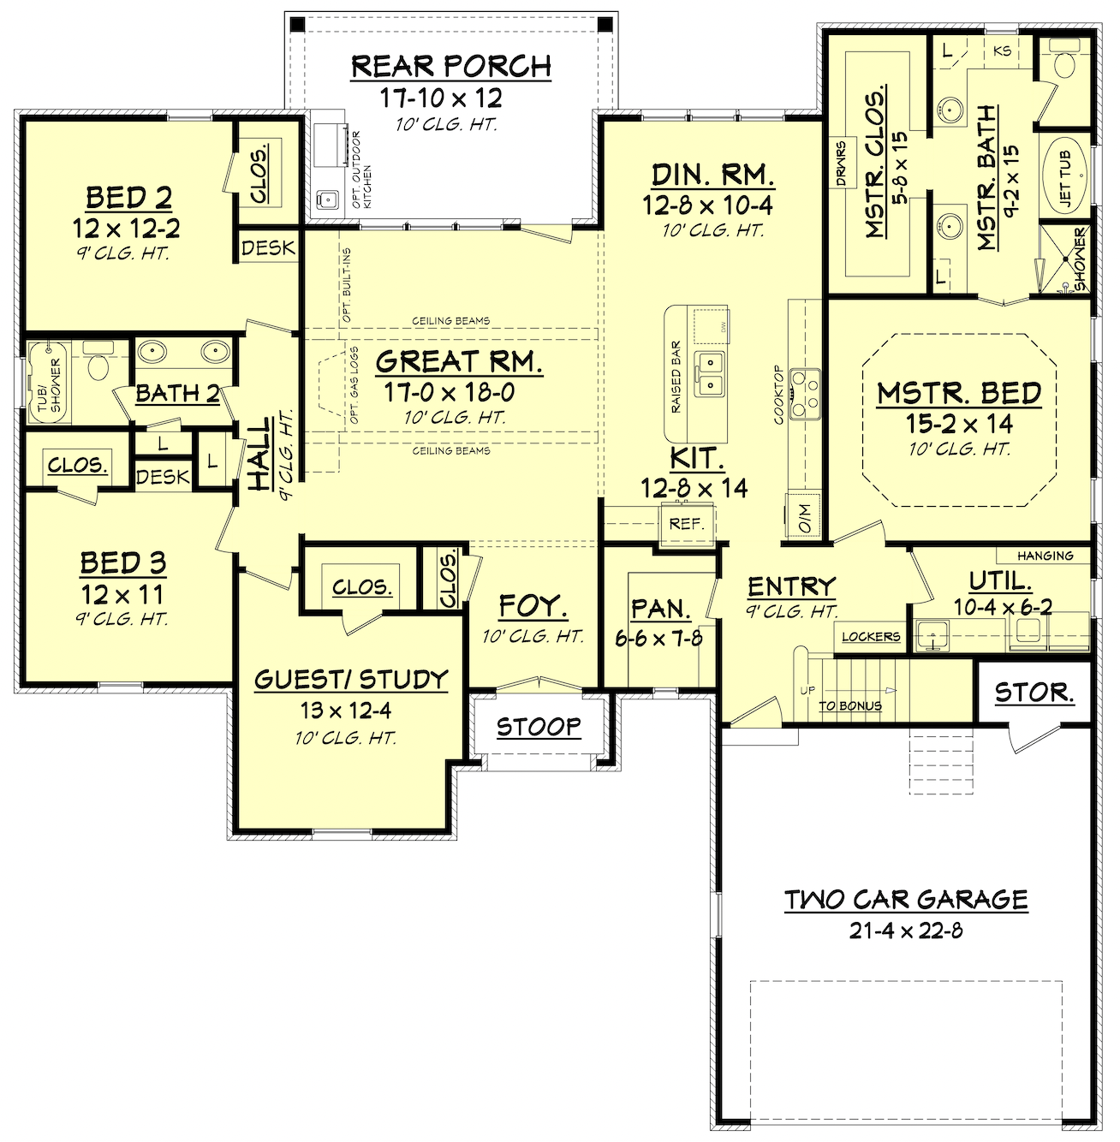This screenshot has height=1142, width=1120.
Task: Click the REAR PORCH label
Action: click(451, 66)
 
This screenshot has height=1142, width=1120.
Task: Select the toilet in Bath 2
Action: click(98, 363)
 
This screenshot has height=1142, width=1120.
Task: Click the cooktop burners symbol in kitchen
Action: click(804, 394)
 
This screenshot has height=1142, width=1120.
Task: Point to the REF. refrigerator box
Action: click(686, 524)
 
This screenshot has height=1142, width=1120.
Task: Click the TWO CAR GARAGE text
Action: click(906, 900)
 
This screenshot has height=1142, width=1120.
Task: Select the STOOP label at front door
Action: click(539, 727)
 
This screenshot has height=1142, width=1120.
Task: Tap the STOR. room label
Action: click(1034, 692)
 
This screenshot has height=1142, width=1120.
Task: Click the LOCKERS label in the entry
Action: click(870, 637)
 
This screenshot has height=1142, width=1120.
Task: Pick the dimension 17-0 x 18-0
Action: click(450, 393)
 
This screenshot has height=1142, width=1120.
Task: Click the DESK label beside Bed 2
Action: click(268, 248)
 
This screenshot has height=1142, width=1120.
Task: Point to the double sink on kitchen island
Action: click(708, 374)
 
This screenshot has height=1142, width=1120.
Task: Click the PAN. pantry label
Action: click(660, 609)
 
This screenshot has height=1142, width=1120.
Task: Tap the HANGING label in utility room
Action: click(1045, 556)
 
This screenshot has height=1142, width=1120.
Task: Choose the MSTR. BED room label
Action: click(959, 393)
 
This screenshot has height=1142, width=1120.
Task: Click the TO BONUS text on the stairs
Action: click(849, 706)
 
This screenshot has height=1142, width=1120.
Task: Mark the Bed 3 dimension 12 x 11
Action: click(122, 595)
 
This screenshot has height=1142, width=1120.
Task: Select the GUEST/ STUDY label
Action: click(351, 680)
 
